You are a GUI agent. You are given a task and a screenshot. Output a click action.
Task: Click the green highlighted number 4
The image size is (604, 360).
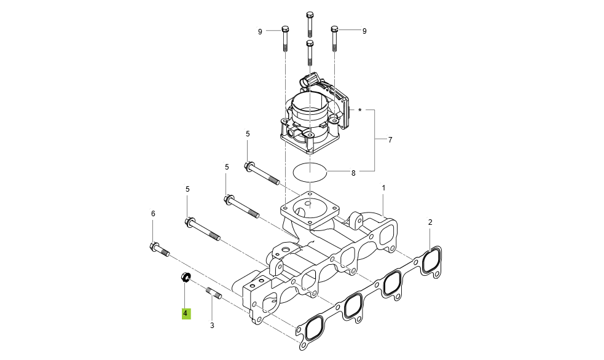(186, 313)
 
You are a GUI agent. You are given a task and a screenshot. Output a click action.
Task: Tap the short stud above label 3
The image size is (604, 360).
(213, 294)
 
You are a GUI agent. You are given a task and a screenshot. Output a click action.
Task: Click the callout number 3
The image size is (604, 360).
(212, 326)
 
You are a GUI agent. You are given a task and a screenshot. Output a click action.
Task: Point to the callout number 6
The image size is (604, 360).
(153, 213)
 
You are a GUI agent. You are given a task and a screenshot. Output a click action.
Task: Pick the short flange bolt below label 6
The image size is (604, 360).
(159, 249)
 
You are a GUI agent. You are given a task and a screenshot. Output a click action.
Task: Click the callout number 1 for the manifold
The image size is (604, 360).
(383, 187)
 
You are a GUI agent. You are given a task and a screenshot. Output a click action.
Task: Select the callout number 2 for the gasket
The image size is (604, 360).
(430, 222)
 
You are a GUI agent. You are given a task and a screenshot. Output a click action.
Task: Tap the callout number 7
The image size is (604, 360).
(390, 140)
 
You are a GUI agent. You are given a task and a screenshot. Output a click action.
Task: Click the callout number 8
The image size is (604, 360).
(353, 173)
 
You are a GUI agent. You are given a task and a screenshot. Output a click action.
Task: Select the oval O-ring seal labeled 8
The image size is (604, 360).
(310, 172)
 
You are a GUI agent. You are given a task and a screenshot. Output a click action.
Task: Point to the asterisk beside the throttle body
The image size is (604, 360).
(360, 111)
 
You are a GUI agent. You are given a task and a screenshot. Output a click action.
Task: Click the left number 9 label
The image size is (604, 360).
(260, 31)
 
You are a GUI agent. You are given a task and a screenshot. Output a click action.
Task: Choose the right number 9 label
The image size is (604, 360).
(364, 31)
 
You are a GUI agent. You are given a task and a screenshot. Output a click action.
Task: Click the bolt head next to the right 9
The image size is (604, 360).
(335, 29)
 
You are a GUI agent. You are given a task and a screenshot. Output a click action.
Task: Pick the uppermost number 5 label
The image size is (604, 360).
(248, 133)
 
